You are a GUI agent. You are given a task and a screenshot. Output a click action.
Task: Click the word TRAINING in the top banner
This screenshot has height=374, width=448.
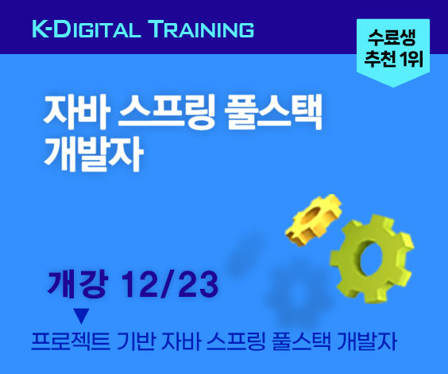pyautogui.click(x=202, y=29)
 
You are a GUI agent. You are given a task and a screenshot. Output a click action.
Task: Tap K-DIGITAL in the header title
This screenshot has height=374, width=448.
pyautogui.click(x=87, y=29)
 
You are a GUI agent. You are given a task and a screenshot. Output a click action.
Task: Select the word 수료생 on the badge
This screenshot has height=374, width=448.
pyautogui.click(x=392, y=37)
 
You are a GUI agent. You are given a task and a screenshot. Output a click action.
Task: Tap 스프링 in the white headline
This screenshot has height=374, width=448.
pyautogui.click(x=167, y=111)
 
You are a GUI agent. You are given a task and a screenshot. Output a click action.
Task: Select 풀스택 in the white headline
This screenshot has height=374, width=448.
pyautogui.click(x=273, y=111)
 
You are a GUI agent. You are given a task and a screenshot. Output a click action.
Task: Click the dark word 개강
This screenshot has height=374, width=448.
pyautogui.click(x=78, y=284)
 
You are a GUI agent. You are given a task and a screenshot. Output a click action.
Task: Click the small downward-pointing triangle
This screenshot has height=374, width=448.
pyautogui.click(x=82, y=316)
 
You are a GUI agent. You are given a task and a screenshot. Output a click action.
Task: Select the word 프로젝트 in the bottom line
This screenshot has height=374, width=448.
pyautogui.click(x=70, y=341)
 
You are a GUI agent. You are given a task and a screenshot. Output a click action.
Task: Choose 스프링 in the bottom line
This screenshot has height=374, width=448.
pyautogui.click(x=236, y=341)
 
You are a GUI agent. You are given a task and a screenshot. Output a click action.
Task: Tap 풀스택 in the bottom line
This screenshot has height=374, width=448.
pyautogui.click(x=302, y=341)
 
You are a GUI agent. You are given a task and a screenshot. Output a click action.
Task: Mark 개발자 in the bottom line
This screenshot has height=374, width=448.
pyautogui.click(x=367, y=341)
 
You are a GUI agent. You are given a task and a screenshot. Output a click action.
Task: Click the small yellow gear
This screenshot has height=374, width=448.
pyautogui.click(x=314, y=220)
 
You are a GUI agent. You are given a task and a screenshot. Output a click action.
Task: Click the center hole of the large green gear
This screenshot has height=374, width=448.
pyautogui.click(x=372, y=259)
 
